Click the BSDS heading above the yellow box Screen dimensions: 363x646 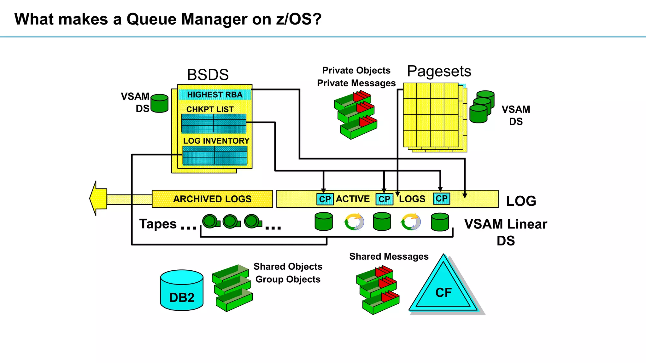pyautogui.click(x=208, y=75)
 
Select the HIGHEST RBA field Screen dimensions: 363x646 pyautogui.click(x=214, y=95)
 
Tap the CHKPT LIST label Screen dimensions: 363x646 pyautogui.click(x=210, y=109)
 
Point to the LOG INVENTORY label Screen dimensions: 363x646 pyautogui.click(x=216, y=141)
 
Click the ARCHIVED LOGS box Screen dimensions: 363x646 pyautogui.click(x=212, y=199)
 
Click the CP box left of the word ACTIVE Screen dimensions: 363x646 pyautogui.click(x=325, y=199)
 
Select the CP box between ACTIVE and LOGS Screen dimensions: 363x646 pyautogui.click(x=384, y=199)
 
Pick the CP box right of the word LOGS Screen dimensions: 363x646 pyautogui.click(x=441, y=199)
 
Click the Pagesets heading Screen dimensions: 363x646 pyautogui.click(x=439, y=71)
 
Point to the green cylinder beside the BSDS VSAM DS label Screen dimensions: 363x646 pyautogui.click(x=160, y=103)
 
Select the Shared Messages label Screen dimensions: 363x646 pyautogui.click(x=389, y=256)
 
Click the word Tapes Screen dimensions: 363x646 pyautogui.click(x=158, y=224)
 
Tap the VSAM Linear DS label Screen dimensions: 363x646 pyautogui.click(x=506, y=232)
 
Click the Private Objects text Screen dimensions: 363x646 pyautogui.click(x=356, y=70)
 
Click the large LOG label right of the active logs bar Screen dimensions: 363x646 pyautogui.click(x=521, y=201)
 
